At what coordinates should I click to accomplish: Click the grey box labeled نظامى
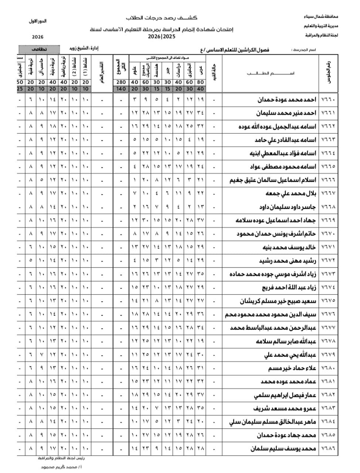tap(39, 49)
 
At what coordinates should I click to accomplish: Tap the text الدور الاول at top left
tap(38, 21)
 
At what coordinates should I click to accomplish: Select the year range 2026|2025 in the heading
tap(161, 37)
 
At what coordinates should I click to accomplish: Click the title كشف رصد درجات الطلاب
tap(162, 18)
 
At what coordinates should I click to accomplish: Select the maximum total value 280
tap(121, 82)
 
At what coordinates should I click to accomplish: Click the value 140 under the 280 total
tap(121, 89)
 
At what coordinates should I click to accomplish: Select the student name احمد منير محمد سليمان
tap(287, 113)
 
